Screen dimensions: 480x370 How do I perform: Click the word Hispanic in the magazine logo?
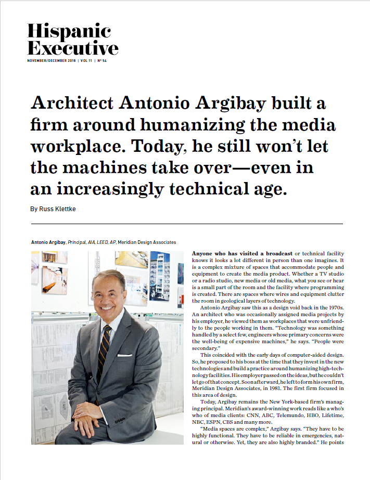point(69,31)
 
